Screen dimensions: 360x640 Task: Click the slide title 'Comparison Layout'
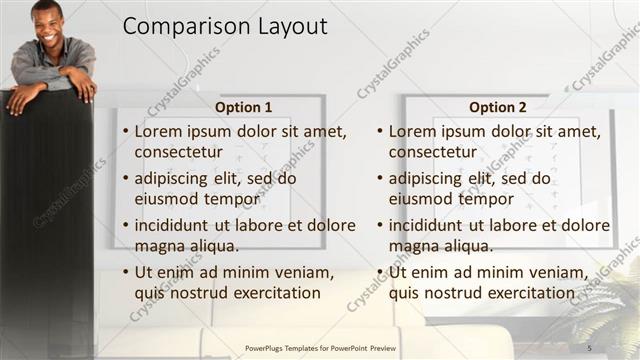click(x=225, y=28)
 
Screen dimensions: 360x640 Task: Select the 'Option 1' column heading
click(x=243, y=107)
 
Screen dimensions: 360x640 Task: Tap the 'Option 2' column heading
click(x=497, y=107)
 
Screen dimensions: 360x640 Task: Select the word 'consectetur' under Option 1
click(x=177, y=153)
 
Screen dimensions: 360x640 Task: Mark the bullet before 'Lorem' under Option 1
click(x=125, y=132)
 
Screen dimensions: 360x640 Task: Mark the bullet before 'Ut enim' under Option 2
click(x=380, y=272)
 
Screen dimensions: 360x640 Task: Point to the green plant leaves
click(x=610, y=300)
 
